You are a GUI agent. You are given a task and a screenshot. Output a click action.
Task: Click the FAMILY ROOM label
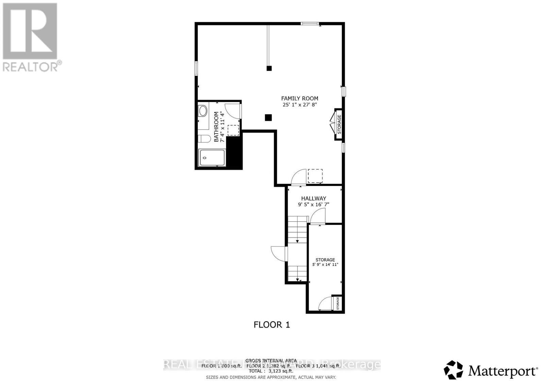[300, 98]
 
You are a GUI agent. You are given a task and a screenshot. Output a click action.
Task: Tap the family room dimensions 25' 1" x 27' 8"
[300, 105]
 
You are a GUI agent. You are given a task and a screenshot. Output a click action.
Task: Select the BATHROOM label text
[216, 127]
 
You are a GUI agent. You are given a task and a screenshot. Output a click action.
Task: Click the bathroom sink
[203, 111]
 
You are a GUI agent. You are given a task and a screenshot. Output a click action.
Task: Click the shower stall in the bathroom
[212, 157]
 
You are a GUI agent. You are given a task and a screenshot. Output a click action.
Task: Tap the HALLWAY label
[313, 198]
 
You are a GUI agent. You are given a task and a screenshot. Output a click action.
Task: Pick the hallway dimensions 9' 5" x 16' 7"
[313, 204]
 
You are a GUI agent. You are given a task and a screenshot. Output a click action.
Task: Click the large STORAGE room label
[325, 260]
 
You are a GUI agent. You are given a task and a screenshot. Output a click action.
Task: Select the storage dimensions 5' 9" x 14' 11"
[325, 265]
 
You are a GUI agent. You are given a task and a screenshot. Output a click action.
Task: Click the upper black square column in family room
[269, 68]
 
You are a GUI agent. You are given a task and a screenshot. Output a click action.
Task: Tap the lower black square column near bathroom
[268, 118]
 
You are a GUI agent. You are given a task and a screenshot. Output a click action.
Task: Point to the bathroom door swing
[233, 111]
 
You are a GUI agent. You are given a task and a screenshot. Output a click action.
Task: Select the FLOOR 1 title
[272, 325]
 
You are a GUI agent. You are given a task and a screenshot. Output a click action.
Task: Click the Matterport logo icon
[453, 370]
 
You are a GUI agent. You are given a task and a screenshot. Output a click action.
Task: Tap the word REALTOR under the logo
[31, 67]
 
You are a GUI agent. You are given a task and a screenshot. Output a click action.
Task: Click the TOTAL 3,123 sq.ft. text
[271, 371]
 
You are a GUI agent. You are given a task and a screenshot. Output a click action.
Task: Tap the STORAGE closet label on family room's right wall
[339, 124]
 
